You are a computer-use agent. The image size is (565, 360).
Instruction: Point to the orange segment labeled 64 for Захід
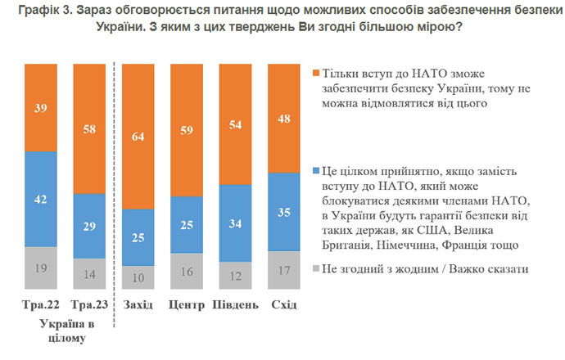[x=139, y=137]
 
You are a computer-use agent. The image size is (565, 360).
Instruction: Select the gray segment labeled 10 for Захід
[x=139, y=277]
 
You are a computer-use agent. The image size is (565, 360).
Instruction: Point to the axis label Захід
[x=139, y=306]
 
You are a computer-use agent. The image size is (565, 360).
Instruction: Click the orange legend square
[x=317, y=74]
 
